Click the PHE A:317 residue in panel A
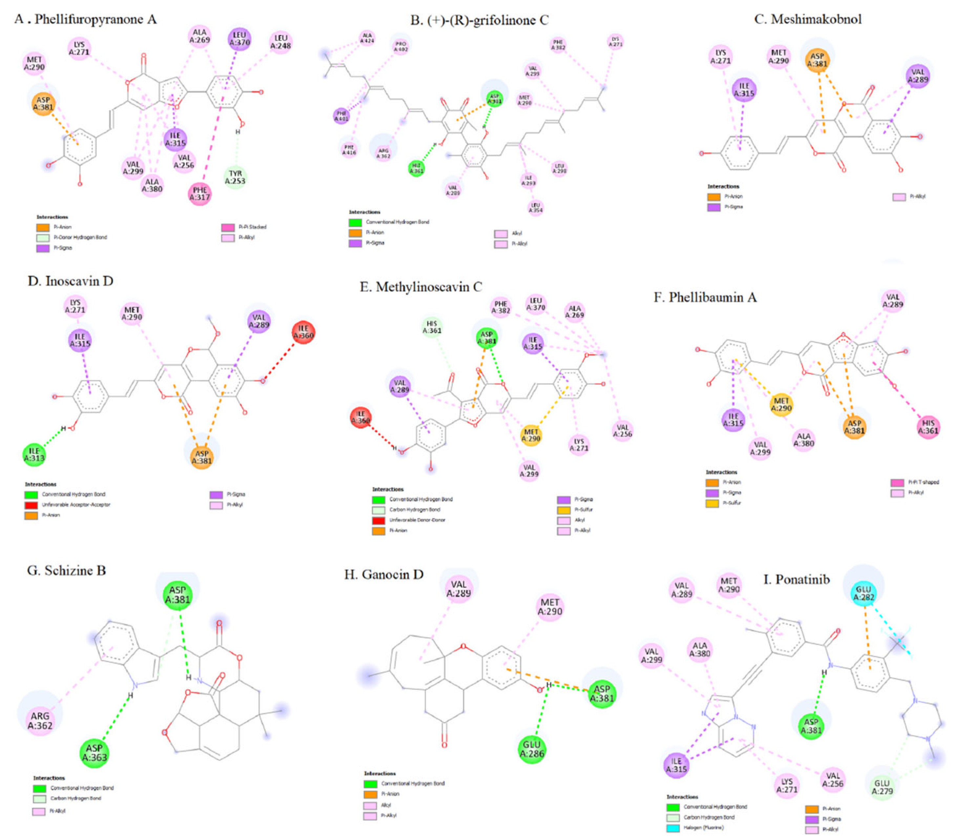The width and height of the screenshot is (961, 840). click(x=200, y=194)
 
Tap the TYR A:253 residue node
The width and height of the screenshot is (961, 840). click(x=235, y=177)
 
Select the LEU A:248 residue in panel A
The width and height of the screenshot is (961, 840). click(x=280, y=42)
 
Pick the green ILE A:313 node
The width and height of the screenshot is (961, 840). click(x=34, y=454)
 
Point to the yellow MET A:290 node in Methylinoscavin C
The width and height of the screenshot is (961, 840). click(x=531, y=435)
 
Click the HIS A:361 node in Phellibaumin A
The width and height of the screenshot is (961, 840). click(x=928, y=427)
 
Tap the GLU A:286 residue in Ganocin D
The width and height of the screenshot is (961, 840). click(x=532, y=749)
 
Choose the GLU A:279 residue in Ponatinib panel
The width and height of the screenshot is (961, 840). click(x=882, y=787)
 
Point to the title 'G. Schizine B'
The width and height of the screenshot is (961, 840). click(x=67, y=571)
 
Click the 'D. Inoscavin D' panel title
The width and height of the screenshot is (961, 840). click(x=70, y=281)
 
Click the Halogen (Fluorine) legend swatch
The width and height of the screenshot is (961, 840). click(x=673, y=828)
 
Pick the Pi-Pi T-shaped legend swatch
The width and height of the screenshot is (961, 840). click(x=897, y=482)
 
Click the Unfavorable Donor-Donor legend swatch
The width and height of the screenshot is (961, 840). click(x=379, y=520)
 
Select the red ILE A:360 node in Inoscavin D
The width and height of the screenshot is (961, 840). click(x=303, y=332)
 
